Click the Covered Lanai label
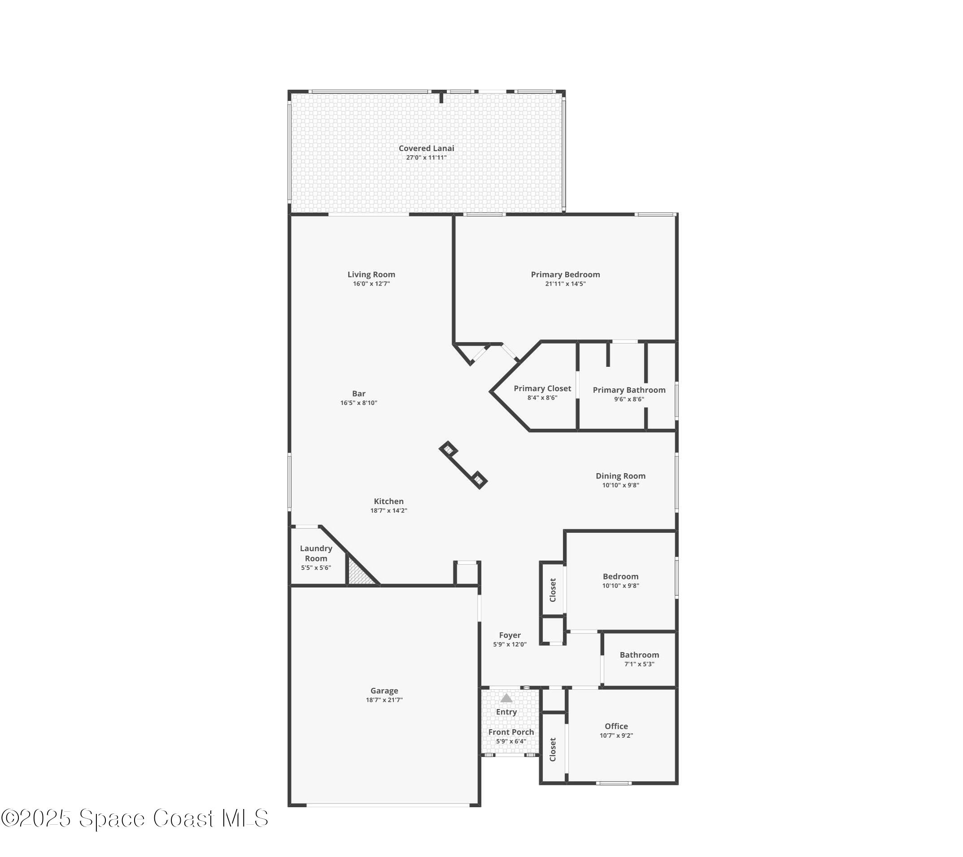(426, 148)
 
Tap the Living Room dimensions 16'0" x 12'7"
(371, 283)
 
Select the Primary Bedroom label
(565, 274)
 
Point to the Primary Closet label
(542, 389)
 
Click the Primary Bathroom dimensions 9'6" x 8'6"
(628, 399)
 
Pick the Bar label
(358, 394)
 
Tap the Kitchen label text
(388, 501)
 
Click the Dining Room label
(620, 476)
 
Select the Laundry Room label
(316, 553)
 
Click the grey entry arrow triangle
(506, 698)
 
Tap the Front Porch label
(511, 732)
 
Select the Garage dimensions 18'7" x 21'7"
(384, 700)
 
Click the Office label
(616, 726)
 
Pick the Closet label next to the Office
(553, 749)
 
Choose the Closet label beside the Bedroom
(553, 590)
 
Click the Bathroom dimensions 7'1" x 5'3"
(639, 664)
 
